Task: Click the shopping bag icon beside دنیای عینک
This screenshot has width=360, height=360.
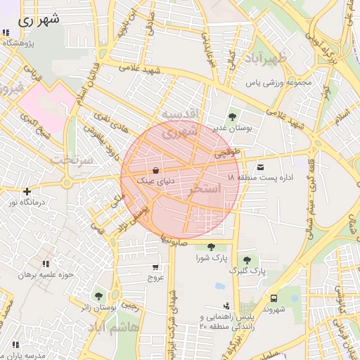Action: [155, 169]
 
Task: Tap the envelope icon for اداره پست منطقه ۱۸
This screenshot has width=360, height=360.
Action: [261, 167]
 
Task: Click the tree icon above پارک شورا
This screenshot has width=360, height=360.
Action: [211, 246]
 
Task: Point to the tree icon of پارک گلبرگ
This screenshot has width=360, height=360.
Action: [246, 260]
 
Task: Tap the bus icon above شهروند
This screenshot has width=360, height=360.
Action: [273, 297]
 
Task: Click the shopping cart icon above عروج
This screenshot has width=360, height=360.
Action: [155, 267]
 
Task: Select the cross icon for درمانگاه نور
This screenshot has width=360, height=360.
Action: [27, 191]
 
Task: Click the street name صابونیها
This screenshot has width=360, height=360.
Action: [173, 240]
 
